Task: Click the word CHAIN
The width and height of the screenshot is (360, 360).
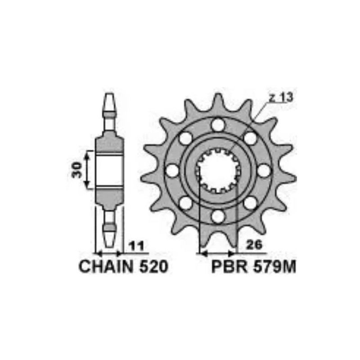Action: tap(106, 266)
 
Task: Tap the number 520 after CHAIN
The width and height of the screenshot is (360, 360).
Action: tap(154, 266)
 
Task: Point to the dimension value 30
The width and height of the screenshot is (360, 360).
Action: tap(77, 170)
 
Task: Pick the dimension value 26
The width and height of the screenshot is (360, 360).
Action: tap(254, 245)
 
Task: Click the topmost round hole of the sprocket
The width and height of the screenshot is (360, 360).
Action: tap(218, 125)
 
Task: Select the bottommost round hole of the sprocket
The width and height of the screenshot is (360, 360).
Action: tap(218, 216)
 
